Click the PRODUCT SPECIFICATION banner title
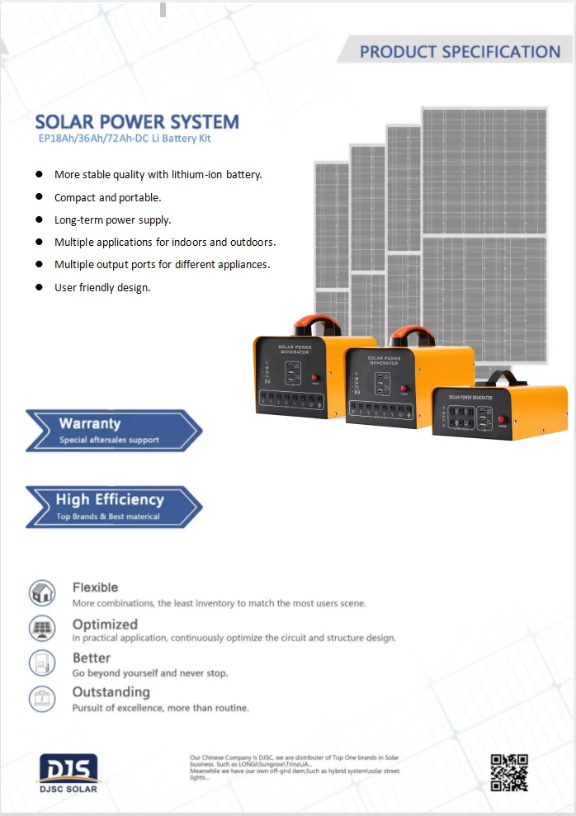pyautogui.click(x=460, y=51)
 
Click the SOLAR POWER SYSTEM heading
pyautogui.click(x=137, y=123)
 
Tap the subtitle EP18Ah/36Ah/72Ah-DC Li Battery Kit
pyautogui.click(x=124, y=139)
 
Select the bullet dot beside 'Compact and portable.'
pyautogui.click(x=38, y=197)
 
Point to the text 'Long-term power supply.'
pyautogui.click(x=112, y=220)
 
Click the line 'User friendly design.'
pyautogui.click(x=102, y=288)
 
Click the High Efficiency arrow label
pyautogui.click(x=109, y=499)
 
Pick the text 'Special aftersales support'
pyautogui.click(x=109, y=440)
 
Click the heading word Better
pyautogui.click(x=91, y=658)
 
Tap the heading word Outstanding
pyautogui.click(x=111, y=691)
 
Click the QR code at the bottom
pyautogui.click(x=508, y=772)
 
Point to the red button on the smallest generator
pyautogui.click(x=501, y=420)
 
